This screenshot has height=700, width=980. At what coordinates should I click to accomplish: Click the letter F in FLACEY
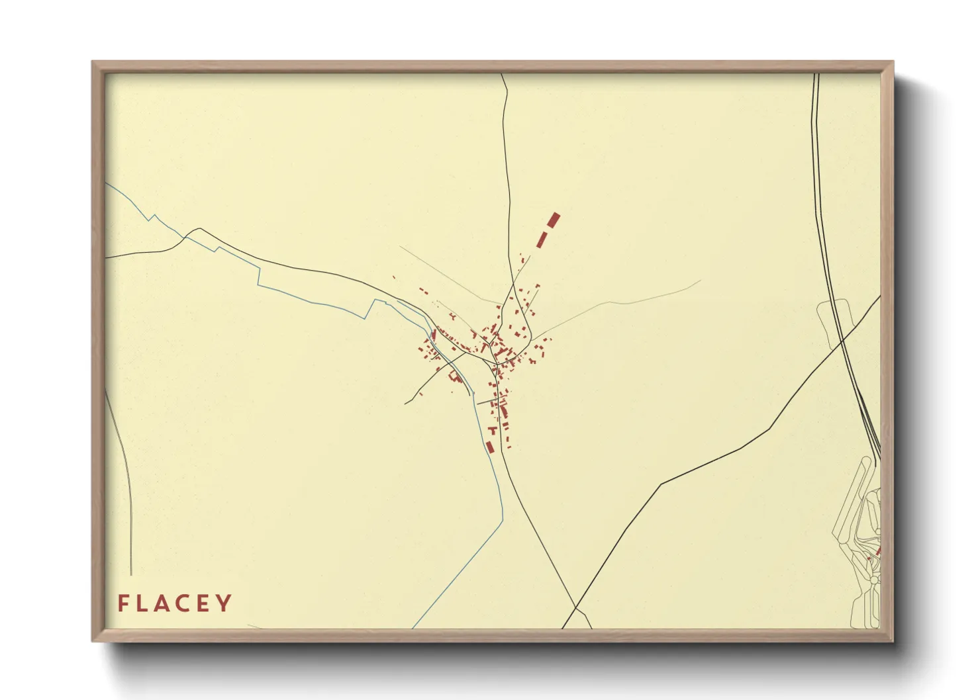pos(123,603)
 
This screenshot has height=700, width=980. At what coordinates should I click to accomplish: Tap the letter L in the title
pos(143,603)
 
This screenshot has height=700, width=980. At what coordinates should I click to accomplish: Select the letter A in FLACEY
pos(164,603)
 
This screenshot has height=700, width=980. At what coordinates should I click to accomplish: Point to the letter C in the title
pos(185,603)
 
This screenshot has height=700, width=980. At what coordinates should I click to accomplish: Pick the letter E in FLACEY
pos(206,603)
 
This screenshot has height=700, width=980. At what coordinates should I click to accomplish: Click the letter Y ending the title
pos(225,603)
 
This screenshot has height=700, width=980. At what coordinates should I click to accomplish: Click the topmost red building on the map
pos(554,220)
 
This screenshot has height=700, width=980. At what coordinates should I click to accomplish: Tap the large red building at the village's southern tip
pos(491,447)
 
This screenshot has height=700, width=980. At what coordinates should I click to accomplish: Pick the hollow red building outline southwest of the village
pos(454,376)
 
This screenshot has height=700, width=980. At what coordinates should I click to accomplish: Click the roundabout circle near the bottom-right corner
pos(874,580)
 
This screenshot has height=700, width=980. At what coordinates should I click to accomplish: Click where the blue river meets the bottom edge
pos(413,627)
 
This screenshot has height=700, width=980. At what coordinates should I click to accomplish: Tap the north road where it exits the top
pos(501,74)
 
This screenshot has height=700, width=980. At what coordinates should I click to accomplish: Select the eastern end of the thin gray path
pos(700,281)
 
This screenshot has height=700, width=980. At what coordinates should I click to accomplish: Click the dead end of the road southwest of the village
pos(405,403)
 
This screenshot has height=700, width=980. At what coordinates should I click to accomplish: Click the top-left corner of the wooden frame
pos(93,62)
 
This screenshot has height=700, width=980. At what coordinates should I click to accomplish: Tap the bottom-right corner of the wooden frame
pos(893,640)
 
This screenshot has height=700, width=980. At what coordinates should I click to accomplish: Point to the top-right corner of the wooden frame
pos(893,62)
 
